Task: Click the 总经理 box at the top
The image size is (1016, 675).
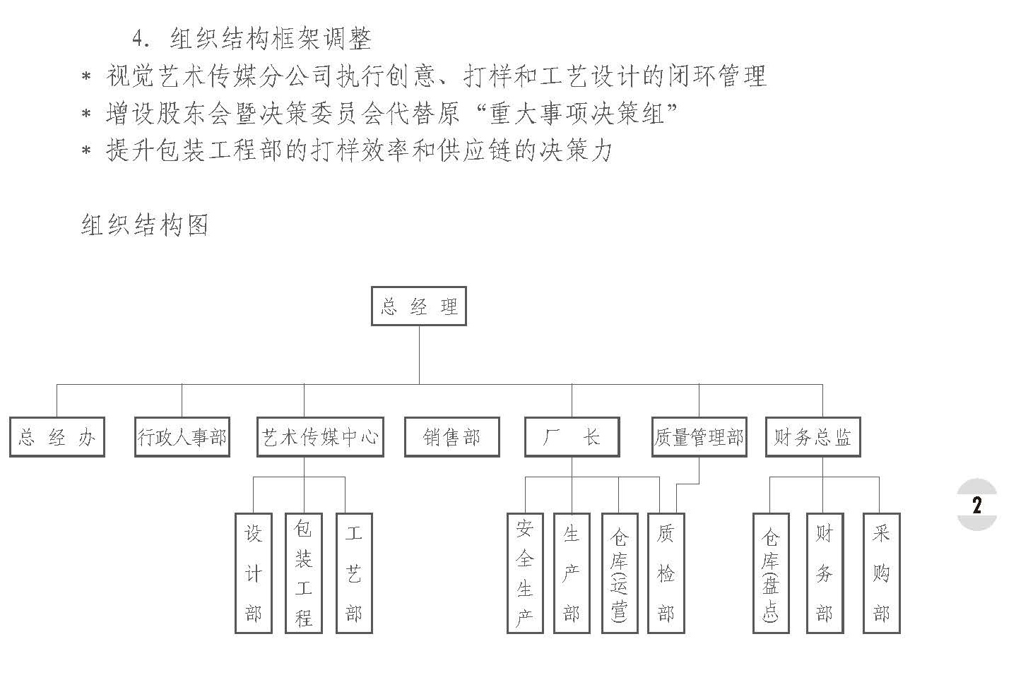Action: point(418,306)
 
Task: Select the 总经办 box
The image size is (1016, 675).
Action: point(57,437)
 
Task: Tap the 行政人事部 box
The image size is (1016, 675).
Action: point(182,437)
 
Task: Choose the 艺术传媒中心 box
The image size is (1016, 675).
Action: point(320,437)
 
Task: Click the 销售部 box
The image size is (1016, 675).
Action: point(451,437)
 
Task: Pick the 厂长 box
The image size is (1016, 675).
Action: point(572,437)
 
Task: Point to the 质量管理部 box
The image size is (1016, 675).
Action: point(699,437)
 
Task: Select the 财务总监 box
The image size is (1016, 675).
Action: point(813,437)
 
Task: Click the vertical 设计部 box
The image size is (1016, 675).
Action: point(253,573)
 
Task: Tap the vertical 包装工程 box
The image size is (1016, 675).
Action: point(304,573)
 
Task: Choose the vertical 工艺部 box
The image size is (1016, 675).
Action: point(354,573)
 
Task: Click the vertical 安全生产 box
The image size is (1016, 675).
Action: point(525,573)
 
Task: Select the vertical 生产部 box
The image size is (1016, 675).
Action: point(571,573)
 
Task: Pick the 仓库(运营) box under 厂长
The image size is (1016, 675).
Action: point(620,573)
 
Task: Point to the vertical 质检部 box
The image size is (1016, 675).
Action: point(666,573)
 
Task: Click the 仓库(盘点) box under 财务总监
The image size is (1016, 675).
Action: point(770,573)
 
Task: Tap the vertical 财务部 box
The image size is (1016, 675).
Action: point(825,573)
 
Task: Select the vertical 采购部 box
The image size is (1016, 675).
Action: point(881,573)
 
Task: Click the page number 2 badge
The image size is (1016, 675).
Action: point(977,505)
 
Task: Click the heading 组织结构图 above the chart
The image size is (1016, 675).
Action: point(145,225)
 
